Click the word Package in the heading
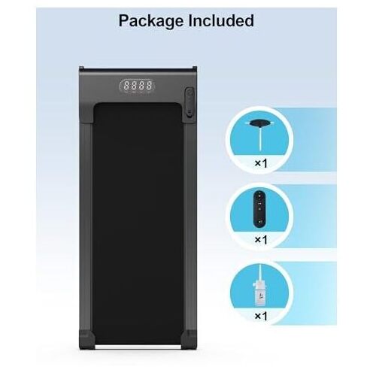151,21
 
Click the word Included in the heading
221,20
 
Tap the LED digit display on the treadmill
137,86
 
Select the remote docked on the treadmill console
190,102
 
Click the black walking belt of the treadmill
138,223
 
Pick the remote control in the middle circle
259,208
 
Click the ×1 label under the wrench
261,163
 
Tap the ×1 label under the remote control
261,240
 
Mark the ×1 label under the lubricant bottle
261,316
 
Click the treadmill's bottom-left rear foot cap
86,340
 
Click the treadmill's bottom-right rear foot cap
189,340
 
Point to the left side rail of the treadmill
86,226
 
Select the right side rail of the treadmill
190,226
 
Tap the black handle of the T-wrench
259,123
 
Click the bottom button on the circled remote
259,221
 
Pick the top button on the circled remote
259,196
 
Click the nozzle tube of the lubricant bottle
260,273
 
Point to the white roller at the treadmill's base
138,347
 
